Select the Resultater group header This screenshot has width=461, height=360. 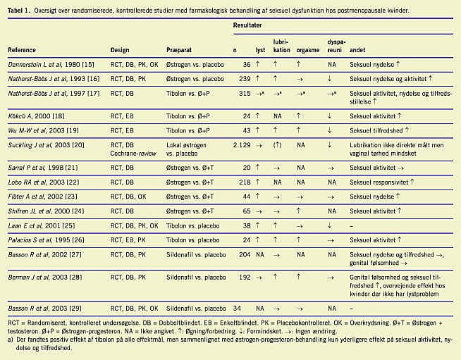[x=247, y=25]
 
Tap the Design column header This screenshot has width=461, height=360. [x=120, y=50]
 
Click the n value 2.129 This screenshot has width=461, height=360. [x=242, y=145]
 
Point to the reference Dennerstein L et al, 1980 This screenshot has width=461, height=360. [x=51, y=64]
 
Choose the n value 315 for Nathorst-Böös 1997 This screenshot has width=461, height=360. [x=245, y=93]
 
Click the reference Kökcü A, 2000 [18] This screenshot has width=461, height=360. [x=36, y=116]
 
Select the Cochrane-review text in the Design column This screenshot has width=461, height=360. [x=133, y=153]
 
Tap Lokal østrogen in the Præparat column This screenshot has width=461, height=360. [x=186, y=145]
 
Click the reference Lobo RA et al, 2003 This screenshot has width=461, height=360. [x=44, y=182]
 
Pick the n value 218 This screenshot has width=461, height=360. [x=245, y=182]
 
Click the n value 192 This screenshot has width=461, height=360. [x=245, y=277]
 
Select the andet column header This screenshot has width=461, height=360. [x=357, y=50]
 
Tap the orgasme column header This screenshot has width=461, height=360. [x=308, y=50]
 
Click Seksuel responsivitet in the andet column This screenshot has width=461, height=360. [x=379, y=182]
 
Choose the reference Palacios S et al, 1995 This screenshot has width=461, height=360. [x=46, y=240]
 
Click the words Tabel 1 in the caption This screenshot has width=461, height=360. [x=18, y=11]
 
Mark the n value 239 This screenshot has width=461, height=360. [x=245, y=79]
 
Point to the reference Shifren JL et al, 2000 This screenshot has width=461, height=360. [x=46, y=211]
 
